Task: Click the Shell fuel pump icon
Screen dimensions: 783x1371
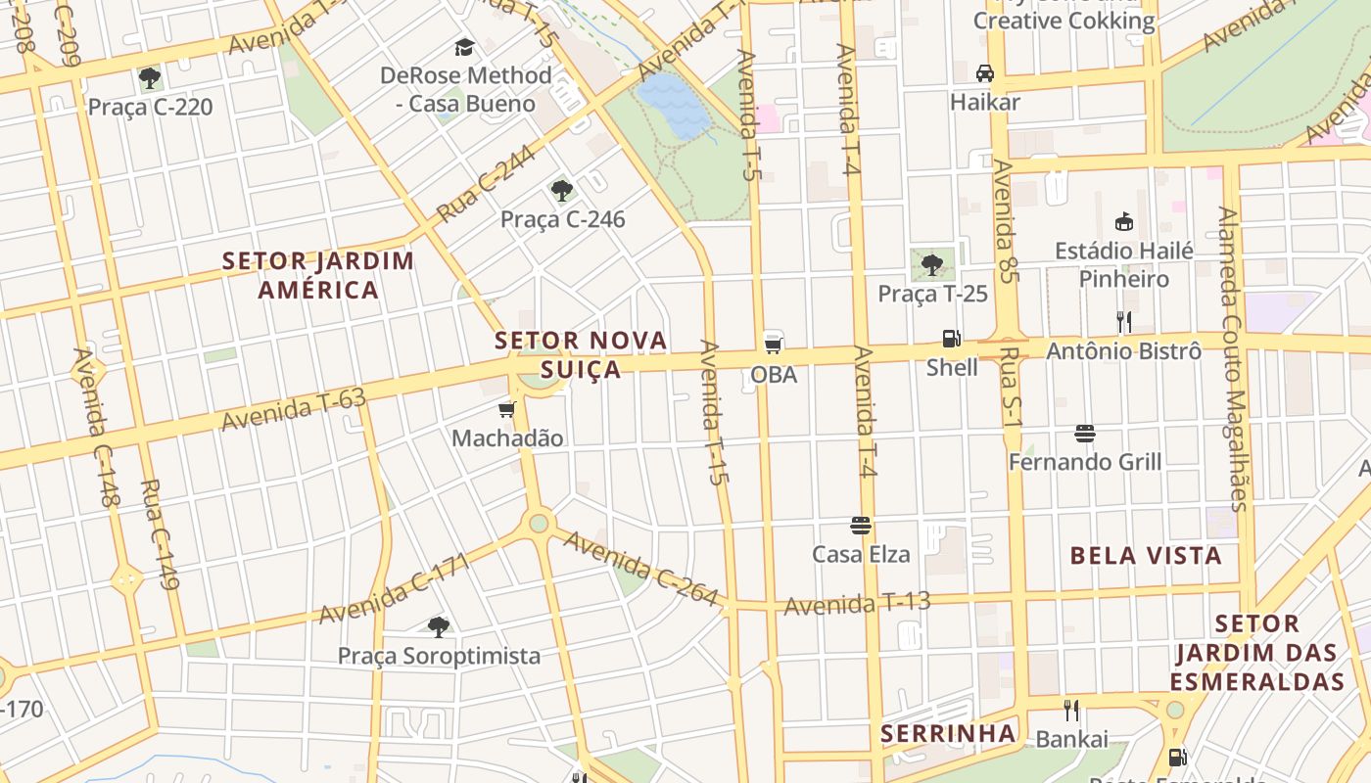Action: [x=951, y=339]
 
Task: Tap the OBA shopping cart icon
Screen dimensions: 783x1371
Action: [x=774, y=344]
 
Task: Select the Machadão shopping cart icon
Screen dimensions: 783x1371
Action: [x=506, y=409]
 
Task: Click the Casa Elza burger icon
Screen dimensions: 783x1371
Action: [x=861, y=526]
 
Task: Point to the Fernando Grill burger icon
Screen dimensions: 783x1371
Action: [x=1084, y=433]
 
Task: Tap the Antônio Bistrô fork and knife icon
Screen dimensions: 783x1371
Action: [x=1124, y=321]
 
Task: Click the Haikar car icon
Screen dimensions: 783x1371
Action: [x=985, y=73]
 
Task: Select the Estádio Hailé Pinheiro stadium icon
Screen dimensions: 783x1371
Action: [x=1124, y=222]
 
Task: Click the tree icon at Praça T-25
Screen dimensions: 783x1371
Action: [x=932, y=263]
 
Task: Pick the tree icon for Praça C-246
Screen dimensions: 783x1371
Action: [x=561, y=190]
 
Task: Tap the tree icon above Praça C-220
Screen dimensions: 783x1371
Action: [x=150, y=78]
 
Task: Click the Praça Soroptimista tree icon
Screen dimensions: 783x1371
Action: [x=439, y=626]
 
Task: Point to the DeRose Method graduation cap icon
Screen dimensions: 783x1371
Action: [x=464, y=46]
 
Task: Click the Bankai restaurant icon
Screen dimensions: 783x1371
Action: [x=1071, y=710]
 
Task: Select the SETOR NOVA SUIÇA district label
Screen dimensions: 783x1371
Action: [x=582, y=354]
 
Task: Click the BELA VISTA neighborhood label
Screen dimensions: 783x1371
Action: [x=1146, y=556]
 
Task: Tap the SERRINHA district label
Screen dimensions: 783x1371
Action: [x=947, y=733]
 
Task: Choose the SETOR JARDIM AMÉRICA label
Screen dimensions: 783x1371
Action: [x=318, y=275]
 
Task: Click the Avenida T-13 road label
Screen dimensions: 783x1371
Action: [x=857, y=604]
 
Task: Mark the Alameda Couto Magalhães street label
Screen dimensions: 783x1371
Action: [x=1232, y=357]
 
